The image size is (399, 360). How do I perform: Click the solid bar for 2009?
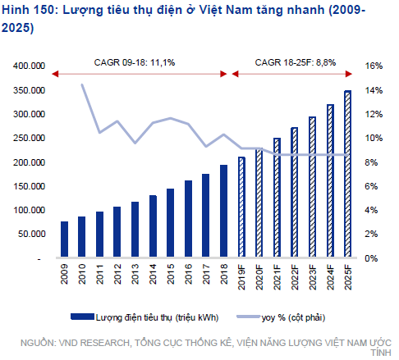pyautogui.click(x=64, y=239)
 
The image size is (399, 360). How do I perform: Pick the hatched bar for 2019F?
pyautogui.click(x=241, y=207)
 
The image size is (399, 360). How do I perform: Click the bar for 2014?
pyautogui.click(x=153, y=226)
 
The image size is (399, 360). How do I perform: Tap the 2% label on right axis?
pyautogui.click(x=370, y=235)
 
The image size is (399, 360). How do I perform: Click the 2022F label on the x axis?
pyautogui.click(x=295, y=276)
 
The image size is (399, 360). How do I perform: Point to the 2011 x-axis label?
pyautogui.click(x=100, y=273)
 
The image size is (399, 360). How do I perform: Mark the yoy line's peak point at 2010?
pyautogui.click(x=82, y=84)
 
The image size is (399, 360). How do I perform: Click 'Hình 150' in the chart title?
pyautogui.click(x=25, y=10)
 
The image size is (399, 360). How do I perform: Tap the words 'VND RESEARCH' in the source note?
pyautogui.click(x=94, y=339)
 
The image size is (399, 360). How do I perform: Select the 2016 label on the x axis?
pyautogui.click(x=188, y=273)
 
